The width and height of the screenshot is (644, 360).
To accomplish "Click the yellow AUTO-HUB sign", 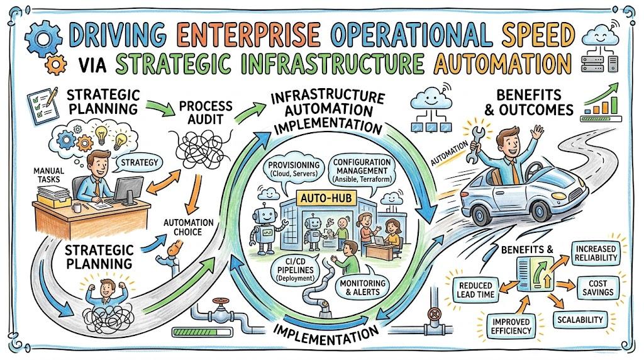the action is [326, 198].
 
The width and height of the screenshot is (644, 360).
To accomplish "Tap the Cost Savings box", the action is [597, 288].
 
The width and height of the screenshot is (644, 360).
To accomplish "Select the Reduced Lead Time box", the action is [475, 290].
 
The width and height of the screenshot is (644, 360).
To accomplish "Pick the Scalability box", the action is [580, 320].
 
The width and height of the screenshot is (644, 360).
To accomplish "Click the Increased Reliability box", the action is [596, 254].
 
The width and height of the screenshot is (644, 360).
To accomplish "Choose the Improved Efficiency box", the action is [511, 326].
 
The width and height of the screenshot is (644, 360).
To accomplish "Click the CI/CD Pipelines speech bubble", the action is [296, 269].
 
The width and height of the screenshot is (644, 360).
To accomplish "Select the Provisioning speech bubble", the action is [294, 169].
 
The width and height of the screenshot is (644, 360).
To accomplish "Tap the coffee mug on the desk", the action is [77, 208].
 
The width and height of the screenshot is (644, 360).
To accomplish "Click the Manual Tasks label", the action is [48, 175].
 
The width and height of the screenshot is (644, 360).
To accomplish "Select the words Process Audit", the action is [206, 113].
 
